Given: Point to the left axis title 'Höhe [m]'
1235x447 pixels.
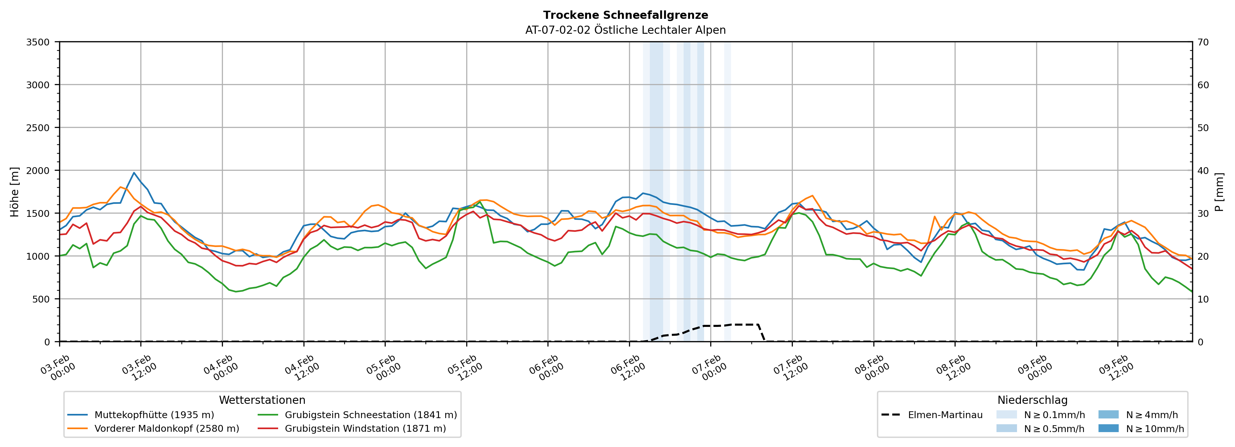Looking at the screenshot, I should click(x=15, y=192).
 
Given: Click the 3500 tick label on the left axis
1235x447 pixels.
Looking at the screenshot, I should click(x=38, y=42).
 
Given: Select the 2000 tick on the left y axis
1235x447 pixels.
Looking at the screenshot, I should click(x=38, y=170).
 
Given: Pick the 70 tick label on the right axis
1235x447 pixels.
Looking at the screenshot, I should click(x=1203, y=42).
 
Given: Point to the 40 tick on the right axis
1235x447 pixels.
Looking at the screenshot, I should click(x=1203, y=170).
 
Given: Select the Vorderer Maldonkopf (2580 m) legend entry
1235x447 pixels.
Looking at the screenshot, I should click(x=166, y=428).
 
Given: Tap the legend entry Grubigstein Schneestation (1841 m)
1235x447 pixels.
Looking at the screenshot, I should click(x=371, y=415).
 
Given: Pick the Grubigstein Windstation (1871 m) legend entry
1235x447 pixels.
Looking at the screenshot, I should click(x=365, y=428).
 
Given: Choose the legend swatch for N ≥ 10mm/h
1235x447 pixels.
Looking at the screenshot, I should click(x=1108, y=428).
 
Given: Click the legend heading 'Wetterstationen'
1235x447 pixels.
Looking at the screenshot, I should click(x=262, y=400).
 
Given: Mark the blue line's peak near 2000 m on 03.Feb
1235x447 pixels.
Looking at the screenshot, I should click(x=134, y=172).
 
